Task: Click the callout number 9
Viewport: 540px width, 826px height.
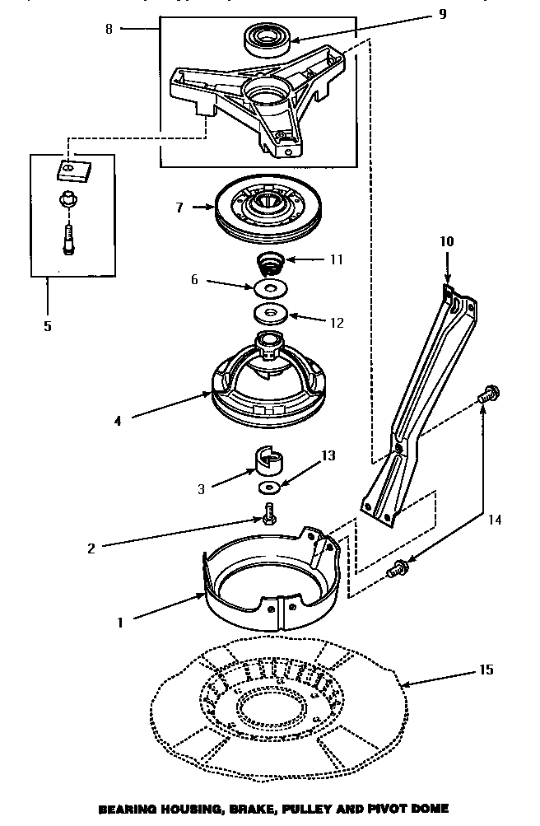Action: (442, 15)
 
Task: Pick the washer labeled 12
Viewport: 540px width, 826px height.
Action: (268, 314)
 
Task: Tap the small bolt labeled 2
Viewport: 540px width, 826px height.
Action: (269, 514)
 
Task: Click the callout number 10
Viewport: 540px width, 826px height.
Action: (446, 242)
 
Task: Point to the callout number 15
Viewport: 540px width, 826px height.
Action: (485, 670)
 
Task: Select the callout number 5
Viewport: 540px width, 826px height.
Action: (48, 326)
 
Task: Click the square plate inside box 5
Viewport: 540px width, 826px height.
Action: (72, 170)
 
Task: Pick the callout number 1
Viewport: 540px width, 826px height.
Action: (120, 623)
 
